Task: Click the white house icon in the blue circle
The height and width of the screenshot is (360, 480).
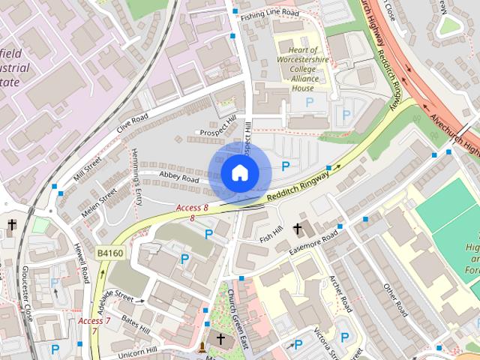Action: (x=238, y=172)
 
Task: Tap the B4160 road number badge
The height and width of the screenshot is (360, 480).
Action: (x=109, y=253)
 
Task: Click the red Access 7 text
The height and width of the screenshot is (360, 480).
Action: (x=94, y=321)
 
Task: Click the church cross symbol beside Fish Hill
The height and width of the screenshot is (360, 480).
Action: (x=298, y=229)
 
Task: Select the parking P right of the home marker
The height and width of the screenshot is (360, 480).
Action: (x=285, y=166)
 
